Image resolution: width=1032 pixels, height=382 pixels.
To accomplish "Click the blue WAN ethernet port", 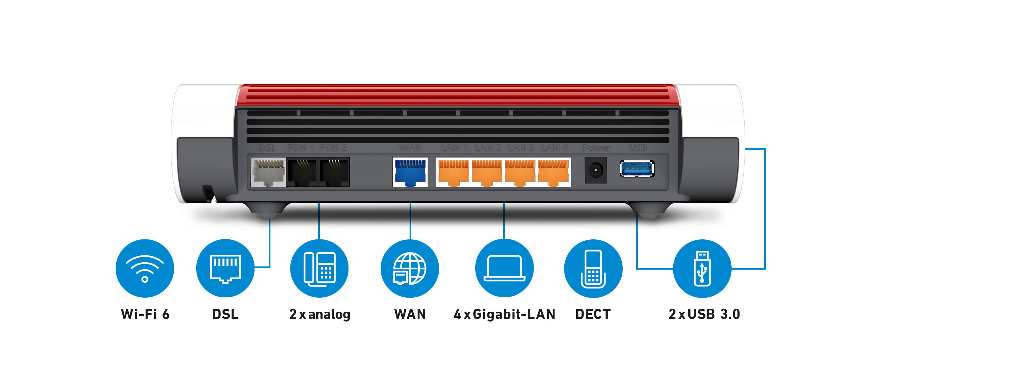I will click(x=410, y=172).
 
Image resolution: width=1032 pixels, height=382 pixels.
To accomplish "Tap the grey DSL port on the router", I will click(x=268, y=173).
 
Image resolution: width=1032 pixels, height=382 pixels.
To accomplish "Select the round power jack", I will click(x=596, y=171).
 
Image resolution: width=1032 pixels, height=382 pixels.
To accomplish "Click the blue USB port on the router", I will click(x=637, y=169).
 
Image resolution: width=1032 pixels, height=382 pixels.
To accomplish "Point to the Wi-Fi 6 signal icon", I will click(x=145, y=268).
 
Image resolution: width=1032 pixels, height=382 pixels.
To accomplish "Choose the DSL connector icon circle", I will click(x=225, y=268).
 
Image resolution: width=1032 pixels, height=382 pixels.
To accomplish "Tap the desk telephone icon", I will click(x=319, y=268).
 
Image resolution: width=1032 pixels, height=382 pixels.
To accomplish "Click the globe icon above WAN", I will click(x=409, y=268).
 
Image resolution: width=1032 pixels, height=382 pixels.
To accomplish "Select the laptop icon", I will click(x=504, y=268).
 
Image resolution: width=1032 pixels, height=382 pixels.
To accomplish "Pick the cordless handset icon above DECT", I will click(x=593, y=268).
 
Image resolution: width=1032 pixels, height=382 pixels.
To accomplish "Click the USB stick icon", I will click(x=702, y=268).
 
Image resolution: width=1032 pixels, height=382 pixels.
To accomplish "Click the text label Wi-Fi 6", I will click(x=145, y=314).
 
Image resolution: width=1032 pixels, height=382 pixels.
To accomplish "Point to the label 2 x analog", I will click(x=320, y=314).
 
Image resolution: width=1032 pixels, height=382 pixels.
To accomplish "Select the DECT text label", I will click(x=593, y=314).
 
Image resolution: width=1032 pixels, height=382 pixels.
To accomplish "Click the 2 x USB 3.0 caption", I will click(x=704, y=314).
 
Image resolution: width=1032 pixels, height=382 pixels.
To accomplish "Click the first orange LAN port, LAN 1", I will click(x=454, y=173).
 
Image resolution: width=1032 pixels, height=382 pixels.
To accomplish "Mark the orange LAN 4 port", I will click(x=553, y=173).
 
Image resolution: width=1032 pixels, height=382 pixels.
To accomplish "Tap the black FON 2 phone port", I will click(x=334, y=173).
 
